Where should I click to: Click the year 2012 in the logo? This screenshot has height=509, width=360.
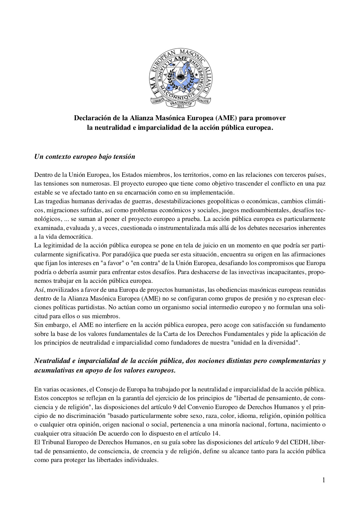[180, 105]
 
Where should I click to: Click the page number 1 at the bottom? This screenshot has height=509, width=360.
[323, 480]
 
